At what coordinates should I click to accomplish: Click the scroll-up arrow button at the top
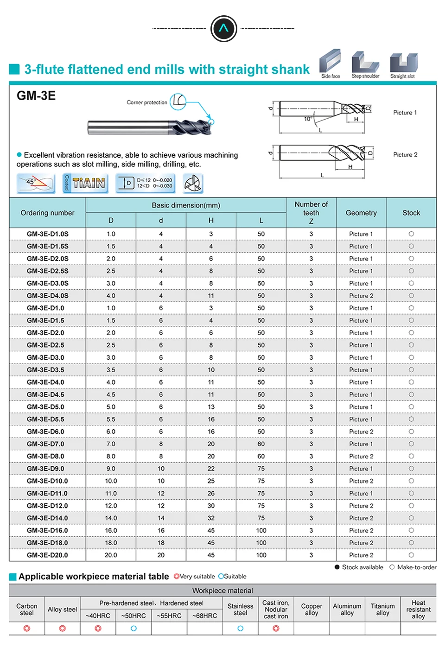(x=223, y=29)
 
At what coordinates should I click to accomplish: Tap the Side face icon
(x=330, y=62)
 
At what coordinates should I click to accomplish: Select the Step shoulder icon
(x=365, y=62)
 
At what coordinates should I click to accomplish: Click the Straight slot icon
(x=403, y=63)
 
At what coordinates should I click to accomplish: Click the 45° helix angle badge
(x=36, y=183)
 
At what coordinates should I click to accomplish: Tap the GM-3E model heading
(x=36, y=96)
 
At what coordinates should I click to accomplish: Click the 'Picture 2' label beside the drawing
(x=405, y=155)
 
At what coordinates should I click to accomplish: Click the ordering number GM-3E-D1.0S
(x=48, y=234)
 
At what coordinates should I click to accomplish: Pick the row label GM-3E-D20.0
(x=47, y=555)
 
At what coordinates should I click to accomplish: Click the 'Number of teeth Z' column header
(x=311, y=213)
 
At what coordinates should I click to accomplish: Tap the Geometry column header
(x=361, y=213)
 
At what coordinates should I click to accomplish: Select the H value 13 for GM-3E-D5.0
(x=211, y=407)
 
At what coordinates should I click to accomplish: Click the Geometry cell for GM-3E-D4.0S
(x=361, y=296)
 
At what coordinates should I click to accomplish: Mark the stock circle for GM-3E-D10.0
(x=411, y=481)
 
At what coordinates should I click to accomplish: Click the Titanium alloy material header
(x=383, y=610)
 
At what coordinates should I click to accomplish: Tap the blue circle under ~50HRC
(x=133, y=629)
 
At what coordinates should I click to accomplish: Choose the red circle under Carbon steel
(x=27, y=629)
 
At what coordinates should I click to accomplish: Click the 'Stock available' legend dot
(x=337, y=567)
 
